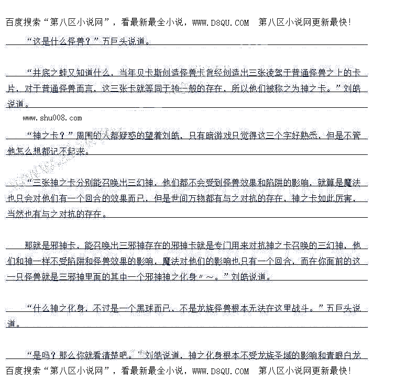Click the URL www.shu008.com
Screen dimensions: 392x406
(52, 118)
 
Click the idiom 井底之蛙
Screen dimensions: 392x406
(51, 73)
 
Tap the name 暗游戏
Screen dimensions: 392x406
(214, 136)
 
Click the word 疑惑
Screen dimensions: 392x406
(138, 136)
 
